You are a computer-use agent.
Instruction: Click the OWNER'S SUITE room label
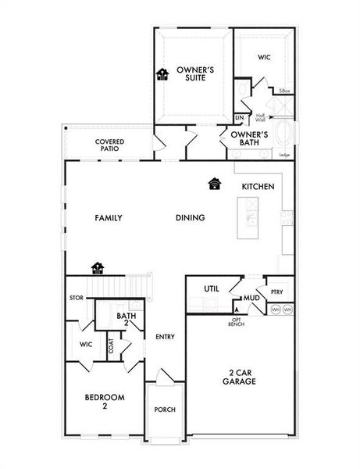(x=195, y=74)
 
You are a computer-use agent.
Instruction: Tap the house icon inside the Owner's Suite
(x=162, y=74)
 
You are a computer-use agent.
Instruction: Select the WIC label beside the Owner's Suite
(x=264, y=57)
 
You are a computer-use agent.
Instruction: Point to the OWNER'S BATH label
(x=249, y=139)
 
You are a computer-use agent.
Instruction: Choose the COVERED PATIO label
(x=110, y=145)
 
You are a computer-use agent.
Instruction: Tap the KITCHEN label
(x=257, y=187)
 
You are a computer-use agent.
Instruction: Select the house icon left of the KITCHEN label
(x=215, y=184)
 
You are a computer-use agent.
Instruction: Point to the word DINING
(x=190, y=218)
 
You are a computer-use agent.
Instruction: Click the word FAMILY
(x=109, y=218)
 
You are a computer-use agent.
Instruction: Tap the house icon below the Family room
(x=98, y=268)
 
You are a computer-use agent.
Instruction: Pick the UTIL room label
(x=211, y=289)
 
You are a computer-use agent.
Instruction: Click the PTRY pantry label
(x=277, y=292)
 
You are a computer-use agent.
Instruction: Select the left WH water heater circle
(x=275, y=310)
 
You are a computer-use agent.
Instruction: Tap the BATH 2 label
(x=126, y=320)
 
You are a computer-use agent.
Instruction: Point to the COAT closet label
(x=111, y=345)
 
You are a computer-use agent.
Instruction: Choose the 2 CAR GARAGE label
(x=239, y=378)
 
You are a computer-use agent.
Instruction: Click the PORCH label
(x=165, y=410)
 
